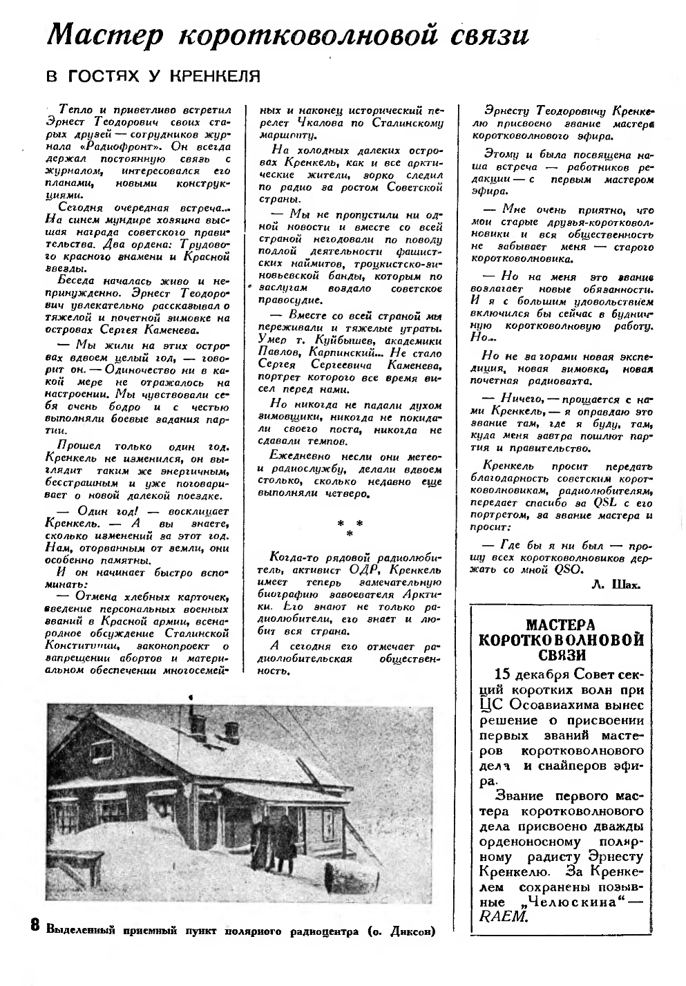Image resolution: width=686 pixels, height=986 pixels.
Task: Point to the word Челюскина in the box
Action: pyautogui.click(x=570, y=902)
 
